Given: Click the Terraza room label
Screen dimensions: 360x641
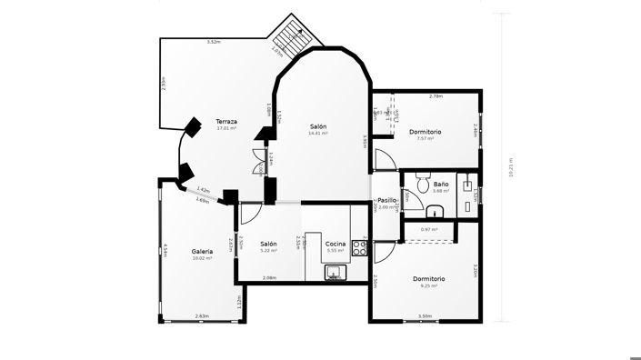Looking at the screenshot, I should pyautogui.click(x=226, y=121).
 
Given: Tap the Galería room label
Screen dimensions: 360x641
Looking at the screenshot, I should pyautogui.click(x=202, y=251).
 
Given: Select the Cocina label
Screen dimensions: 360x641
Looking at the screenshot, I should pyautogui.click(x=336, y=244).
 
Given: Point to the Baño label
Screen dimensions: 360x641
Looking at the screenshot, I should pyautogui.click(x=441, y=185).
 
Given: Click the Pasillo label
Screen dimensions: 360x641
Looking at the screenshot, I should pyautogui.click(x=386, y=200).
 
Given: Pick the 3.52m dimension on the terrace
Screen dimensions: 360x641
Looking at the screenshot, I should pyautogui.click(x=213, y=42).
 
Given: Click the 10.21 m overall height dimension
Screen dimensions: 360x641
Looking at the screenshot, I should pyautogui.click(x=511, y=167).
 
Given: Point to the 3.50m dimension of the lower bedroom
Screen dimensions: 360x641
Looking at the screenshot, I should pyautogui.click(x=425, y=316).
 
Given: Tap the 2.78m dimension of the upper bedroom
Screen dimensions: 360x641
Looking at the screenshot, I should pyautogui.click(x=436, y=95).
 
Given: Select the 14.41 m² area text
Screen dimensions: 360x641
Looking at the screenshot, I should pyautogui.click(x=317, y=134).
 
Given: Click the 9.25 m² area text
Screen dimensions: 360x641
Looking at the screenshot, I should pyautogui.click(x=428, y=285).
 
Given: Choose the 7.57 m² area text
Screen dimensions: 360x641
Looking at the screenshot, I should pyautogui.click(x=425, y=139).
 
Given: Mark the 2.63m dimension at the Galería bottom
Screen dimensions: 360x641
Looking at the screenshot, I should pyautogui.click(x=201, y=316).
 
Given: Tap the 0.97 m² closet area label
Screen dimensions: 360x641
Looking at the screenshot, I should pyautogui.click(x=428, y=229).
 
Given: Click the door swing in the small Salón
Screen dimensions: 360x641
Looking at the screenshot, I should pyautogui.click(x=251, y=215).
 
